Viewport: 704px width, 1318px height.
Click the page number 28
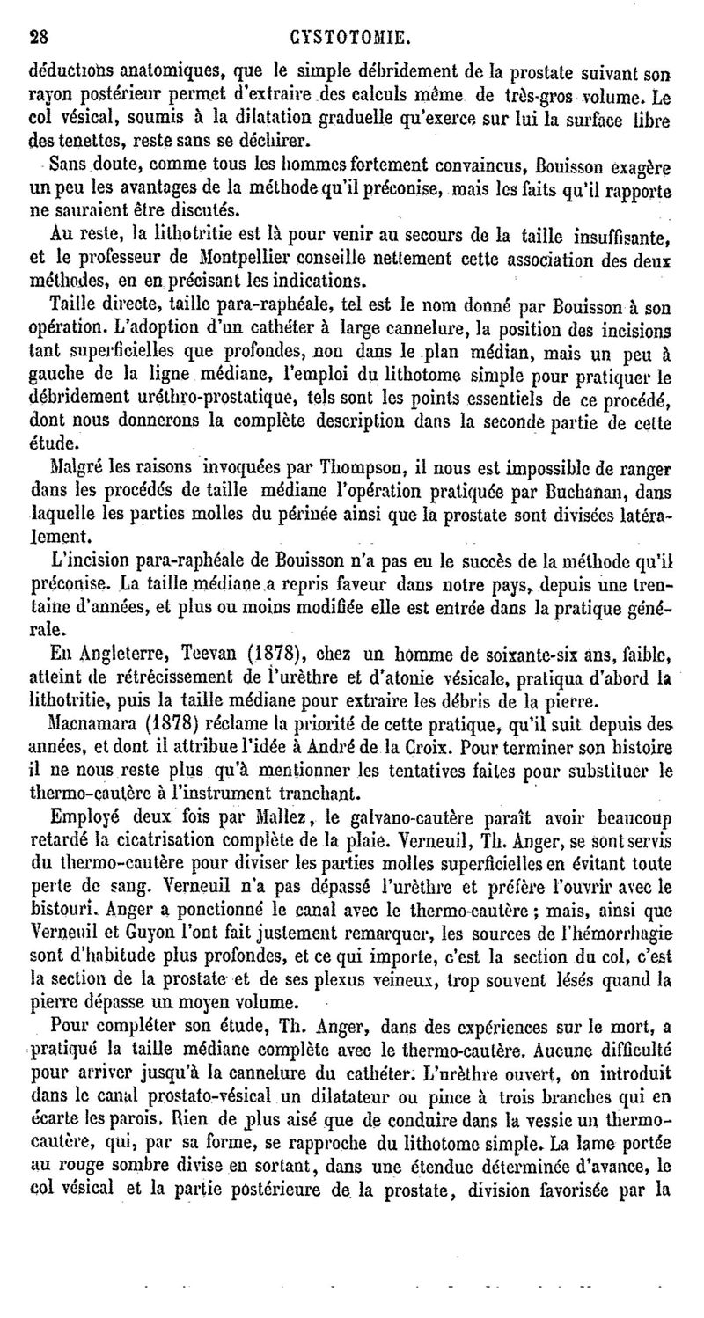(x=38, y=38)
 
